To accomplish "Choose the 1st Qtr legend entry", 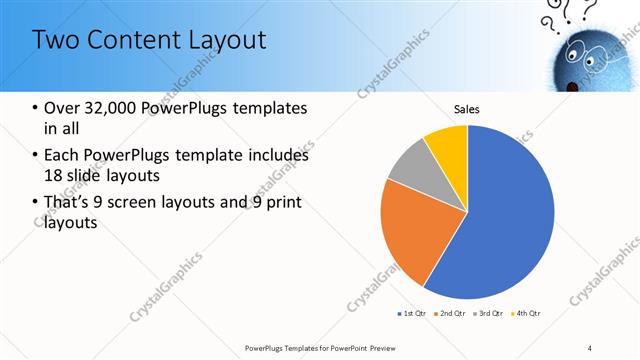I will pos(413,314).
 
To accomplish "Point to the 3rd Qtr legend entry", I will pos(490,314).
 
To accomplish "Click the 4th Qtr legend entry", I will pos(528,314).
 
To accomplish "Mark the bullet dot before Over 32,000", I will pos(36,108).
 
